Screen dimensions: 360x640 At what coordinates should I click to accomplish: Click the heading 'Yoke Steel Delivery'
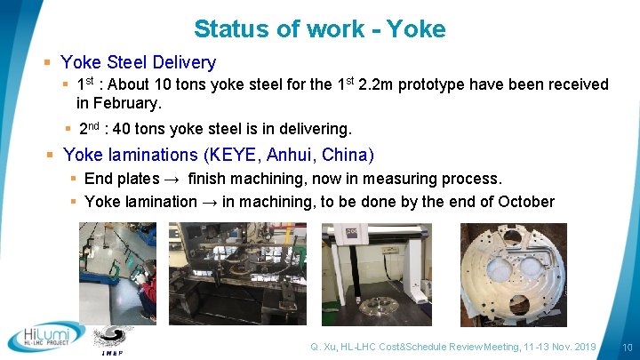[138, 62]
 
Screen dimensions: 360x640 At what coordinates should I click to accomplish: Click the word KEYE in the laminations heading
[229, 155]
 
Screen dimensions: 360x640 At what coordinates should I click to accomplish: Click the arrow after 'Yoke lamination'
[210, 202]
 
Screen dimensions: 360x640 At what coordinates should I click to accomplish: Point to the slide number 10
[627, 346]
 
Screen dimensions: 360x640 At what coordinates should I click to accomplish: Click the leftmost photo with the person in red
[116, 273]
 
